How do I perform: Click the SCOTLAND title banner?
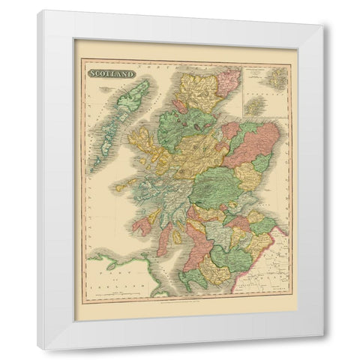[112, 73]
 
